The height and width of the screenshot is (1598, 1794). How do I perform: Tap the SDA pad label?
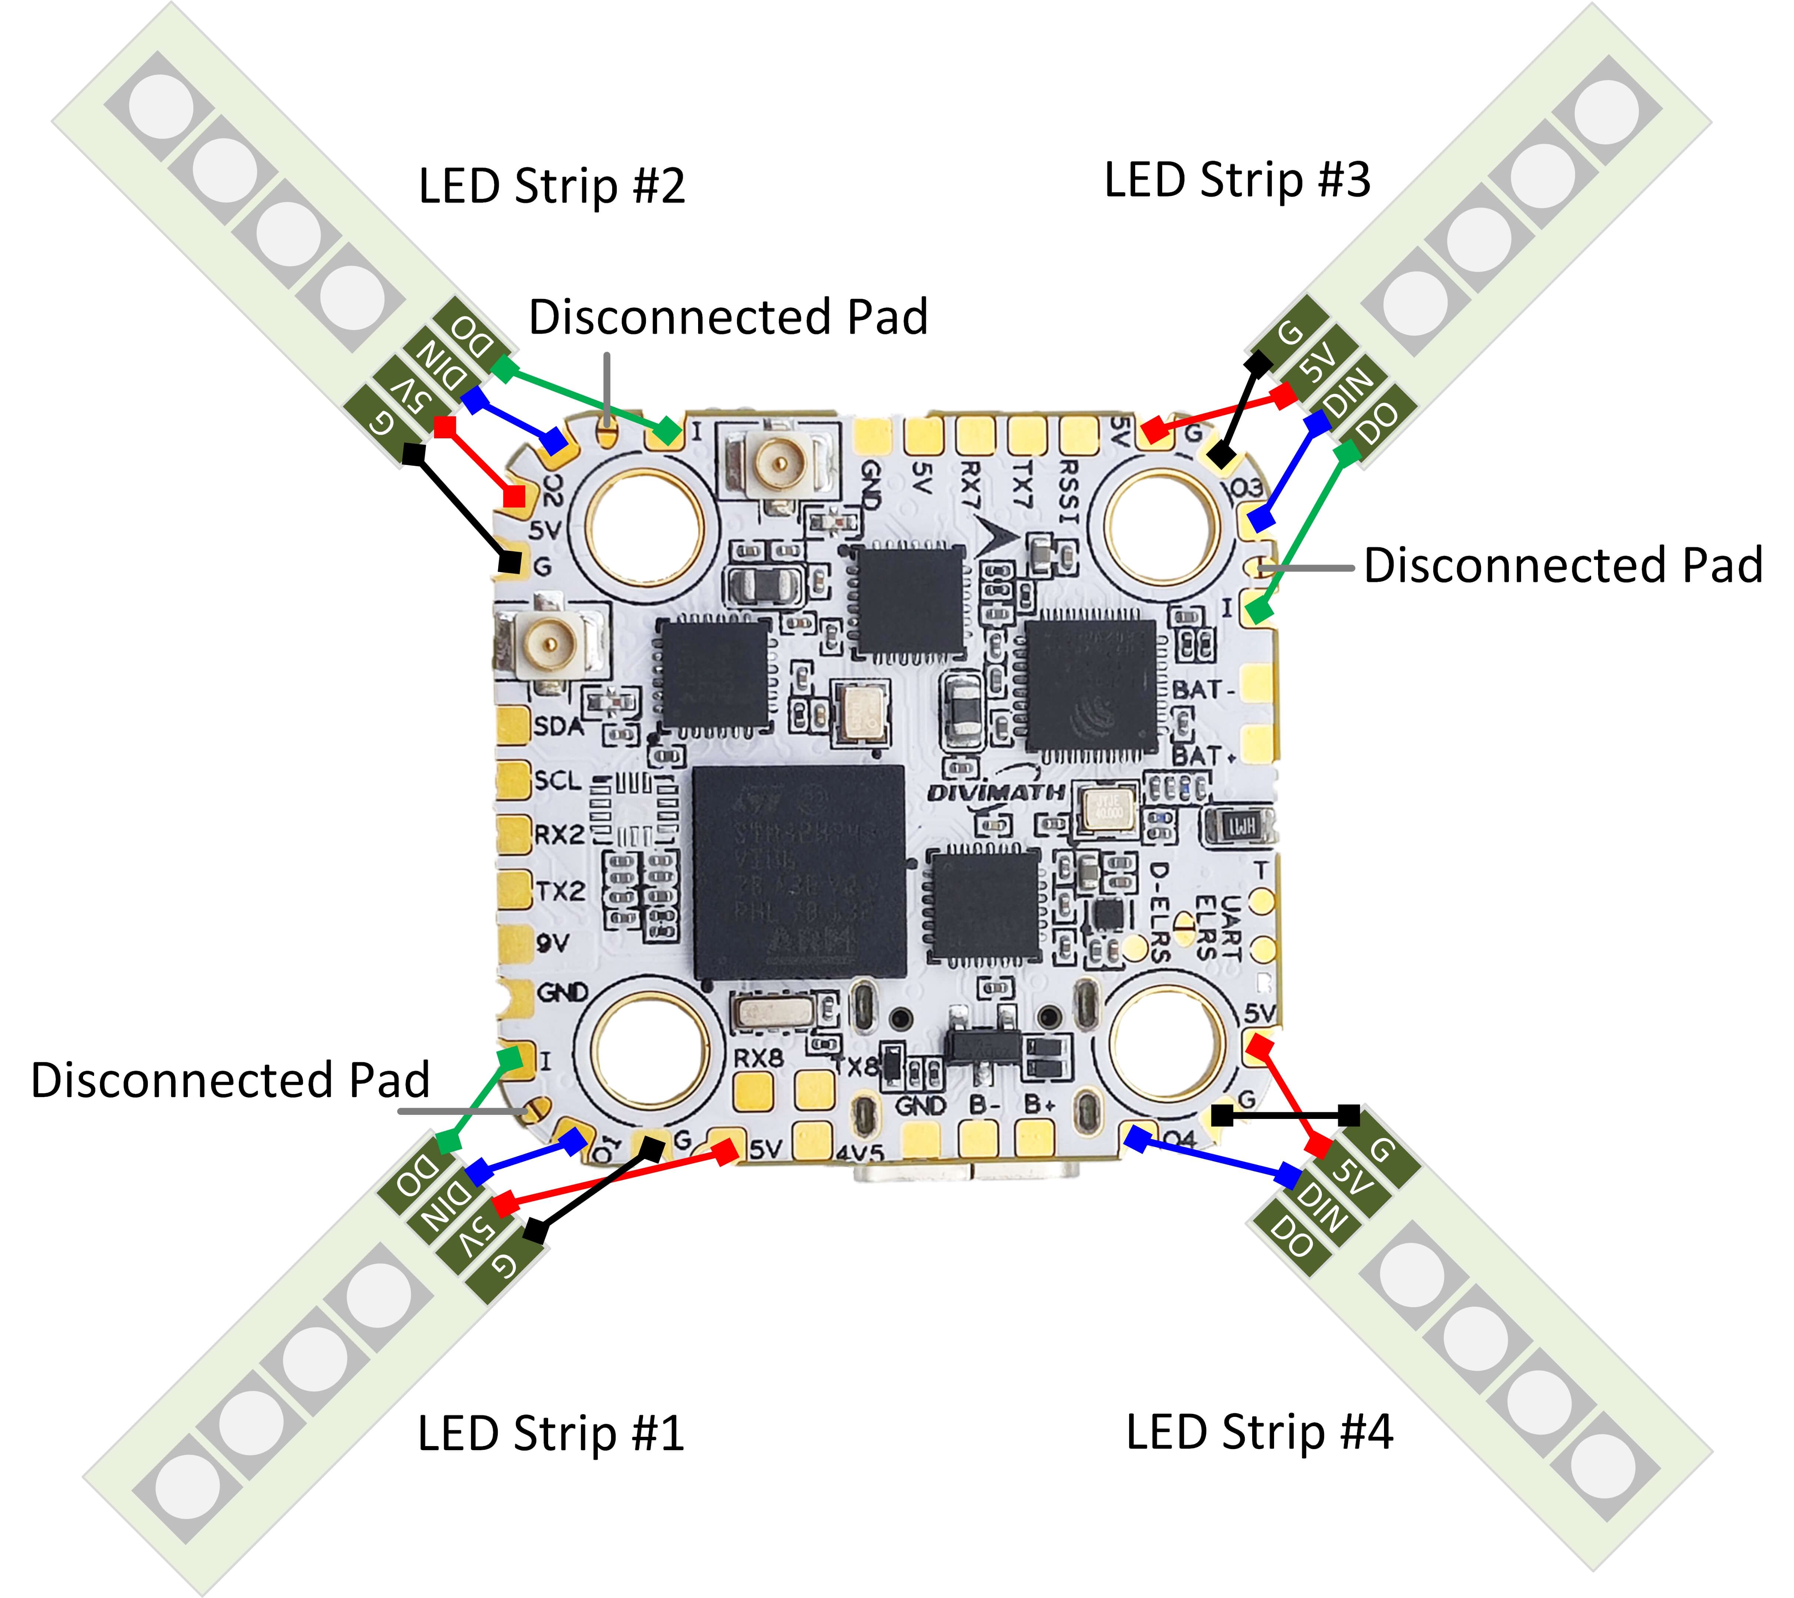click(x=558, y=726)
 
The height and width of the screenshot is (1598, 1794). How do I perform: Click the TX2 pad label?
click(x=560, y=891)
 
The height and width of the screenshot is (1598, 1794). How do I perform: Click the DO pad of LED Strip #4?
click(x=1292, y=1238)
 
